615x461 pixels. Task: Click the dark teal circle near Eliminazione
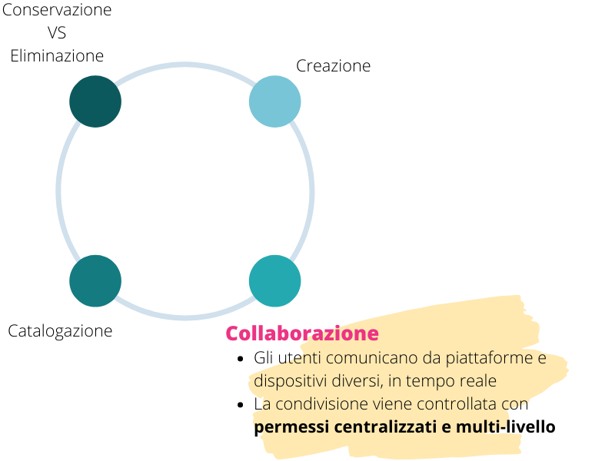(95, 101)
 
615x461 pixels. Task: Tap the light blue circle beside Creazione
(275, 101)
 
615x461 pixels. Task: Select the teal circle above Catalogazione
(95, 281)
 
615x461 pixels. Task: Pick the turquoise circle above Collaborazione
(275, 281)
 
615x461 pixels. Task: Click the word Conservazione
(57, 10)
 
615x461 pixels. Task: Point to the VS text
(57, 33)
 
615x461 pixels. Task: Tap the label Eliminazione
(57, 56)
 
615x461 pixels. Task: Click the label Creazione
(334, 66)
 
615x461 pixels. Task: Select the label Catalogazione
(60, 331)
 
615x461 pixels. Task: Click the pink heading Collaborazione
(302, 333)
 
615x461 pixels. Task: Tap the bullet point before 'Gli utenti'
(241, 359)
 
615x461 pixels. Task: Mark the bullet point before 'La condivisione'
(241, 405)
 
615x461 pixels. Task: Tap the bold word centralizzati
(386, 427)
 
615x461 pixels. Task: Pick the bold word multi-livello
(506, 427)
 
